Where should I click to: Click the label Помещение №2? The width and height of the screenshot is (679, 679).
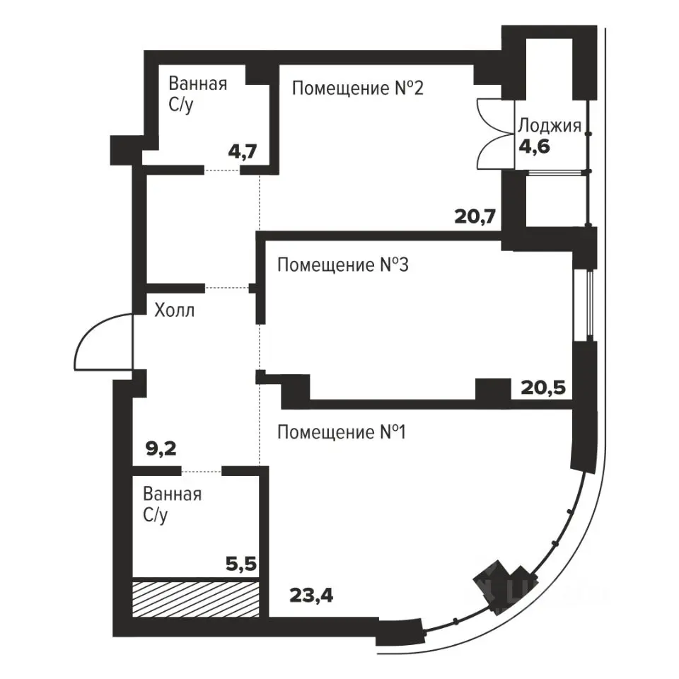coord(358,88)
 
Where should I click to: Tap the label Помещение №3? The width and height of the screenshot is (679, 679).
coord(342,265)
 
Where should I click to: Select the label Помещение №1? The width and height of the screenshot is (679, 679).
coord(341,432)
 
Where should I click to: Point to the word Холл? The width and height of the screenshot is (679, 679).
coord(175,310)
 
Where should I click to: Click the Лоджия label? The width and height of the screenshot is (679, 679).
coord(550,126)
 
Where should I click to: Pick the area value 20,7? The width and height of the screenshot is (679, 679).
coord(475,216)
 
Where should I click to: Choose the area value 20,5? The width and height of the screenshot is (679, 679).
coord(543,388)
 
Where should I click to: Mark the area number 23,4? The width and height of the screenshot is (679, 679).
coord(311,596)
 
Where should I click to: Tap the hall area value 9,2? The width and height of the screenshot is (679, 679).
coord(161,448)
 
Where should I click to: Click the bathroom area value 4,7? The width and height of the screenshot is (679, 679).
coord(243,151)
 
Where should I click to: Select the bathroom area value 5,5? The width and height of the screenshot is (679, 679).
coord(241,564)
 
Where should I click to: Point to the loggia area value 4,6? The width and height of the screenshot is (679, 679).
coord(535,147)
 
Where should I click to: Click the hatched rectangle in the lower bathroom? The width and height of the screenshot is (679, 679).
coord(196,599)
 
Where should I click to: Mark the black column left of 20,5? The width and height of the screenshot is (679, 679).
coord(493,389)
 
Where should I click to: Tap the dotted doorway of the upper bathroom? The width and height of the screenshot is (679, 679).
coord(221,170)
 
